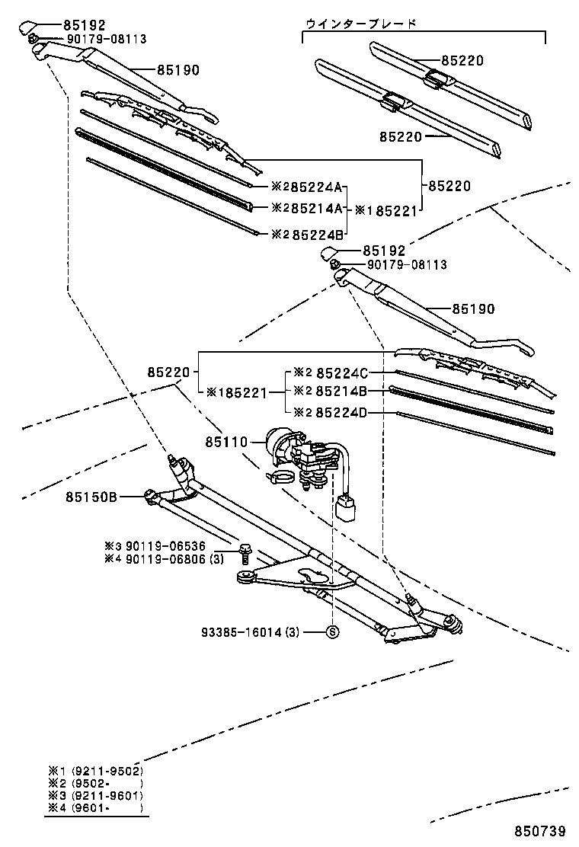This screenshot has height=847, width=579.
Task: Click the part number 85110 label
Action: pos(227,443)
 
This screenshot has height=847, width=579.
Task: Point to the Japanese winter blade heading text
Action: pos(360,24)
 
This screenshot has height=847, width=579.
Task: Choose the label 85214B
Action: pos(341,392)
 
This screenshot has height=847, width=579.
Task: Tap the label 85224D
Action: pos(341,413)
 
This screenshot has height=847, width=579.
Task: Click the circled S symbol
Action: pos(332,631)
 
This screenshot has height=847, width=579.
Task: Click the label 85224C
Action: pos(341,373)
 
